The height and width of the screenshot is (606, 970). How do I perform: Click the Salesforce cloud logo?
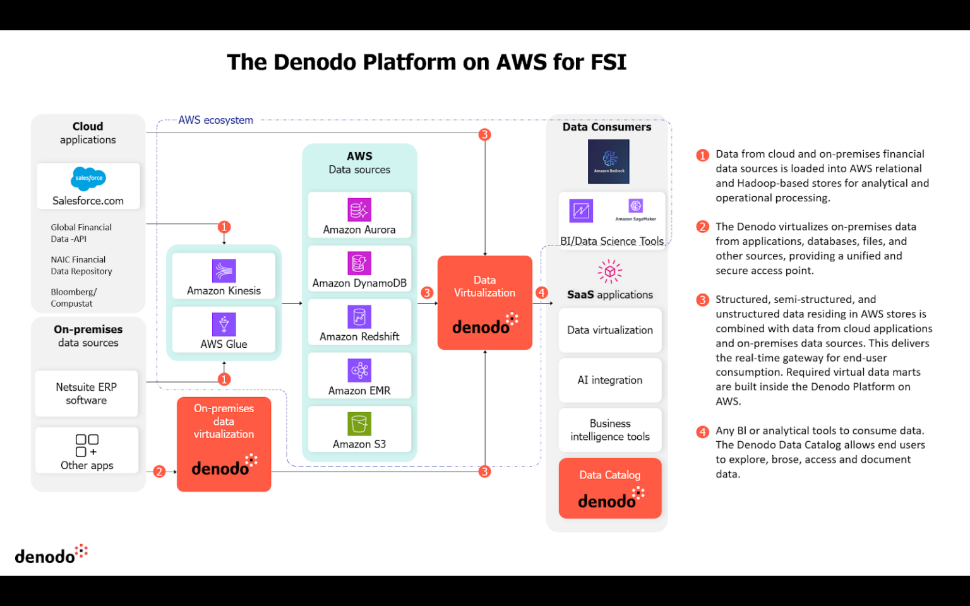[x=88, y=179]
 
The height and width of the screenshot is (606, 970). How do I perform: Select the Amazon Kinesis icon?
[x=224, y=271]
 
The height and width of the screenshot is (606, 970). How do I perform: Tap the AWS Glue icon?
[x=224, y=324]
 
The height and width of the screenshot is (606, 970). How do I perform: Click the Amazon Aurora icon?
[x=359, y=210]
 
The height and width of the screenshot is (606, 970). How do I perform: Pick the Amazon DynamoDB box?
[x=359, y=269]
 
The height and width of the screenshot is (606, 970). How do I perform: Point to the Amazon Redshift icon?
[x=359, y=317]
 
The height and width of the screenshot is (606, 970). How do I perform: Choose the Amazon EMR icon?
[x=359, y=371]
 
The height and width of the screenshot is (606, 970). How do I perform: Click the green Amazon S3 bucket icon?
[x=359, y=424]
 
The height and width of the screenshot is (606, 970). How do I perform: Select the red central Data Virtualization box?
[x=484, y=303]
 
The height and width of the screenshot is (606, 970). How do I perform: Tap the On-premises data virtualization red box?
[x=224, y=444]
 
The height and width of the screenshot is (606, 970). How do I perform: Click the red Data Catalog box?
[x=609, y=488]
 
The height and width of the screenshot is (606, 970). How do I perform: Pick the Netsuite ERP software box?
[x=87, y=393]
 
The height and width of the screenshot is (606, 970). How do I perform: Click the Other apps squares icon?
[x=87, y=445]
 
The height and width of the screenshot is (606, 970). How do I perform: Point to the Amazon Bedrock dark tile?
[x=608, y=162]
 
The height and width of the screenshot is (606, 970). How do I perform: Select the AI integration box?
[x=609, y=380]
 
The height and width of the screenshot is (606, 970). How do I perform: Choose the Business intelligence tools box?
[x=609, y=430]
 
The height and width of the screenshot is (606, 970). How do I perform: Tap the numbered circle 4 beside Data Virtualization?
[x=541, y=293]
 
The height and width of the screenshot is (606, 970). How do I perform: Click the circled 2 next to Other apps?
[x=159, y=472]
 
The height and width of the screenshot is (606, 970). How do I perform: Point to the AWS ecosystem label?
[x=215, y=120]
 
